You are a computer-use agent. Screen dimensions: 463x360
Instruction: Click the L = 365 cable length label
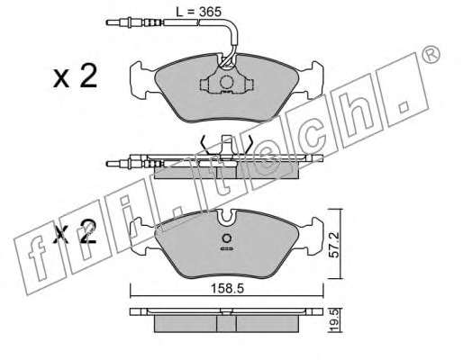pyautogui.click(x=198, y=12)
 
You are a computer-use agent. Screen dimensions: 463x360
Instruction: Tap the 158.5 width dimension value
pyautogui.click(x=227, y=289)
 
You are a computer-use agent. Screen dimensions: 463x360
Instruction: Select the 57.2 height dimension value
pyautogui.click(x=333, y=244)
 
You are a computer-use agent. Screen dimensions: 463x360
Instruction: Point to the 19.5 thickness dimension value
pyautogui.click(x=333, y=321)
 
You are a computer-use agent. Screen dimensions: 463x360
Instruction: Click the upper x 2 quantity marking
pyautogui.click(x=75, y=76)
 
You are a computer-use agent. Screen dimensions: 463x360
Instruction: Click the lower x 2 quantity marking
pyautogui.click(x=75, y=231)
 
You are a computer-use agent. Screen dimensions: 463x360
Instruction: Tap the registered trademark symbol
pyautogui.click(x=431, y=55)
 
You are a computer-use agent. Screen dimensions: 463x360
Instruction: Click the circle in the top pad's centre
pyautogui.click(x=226, y=82)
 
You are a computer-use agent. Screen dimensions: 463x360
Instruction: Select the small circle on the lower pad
pyautogui.click(x=226, y=238)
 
